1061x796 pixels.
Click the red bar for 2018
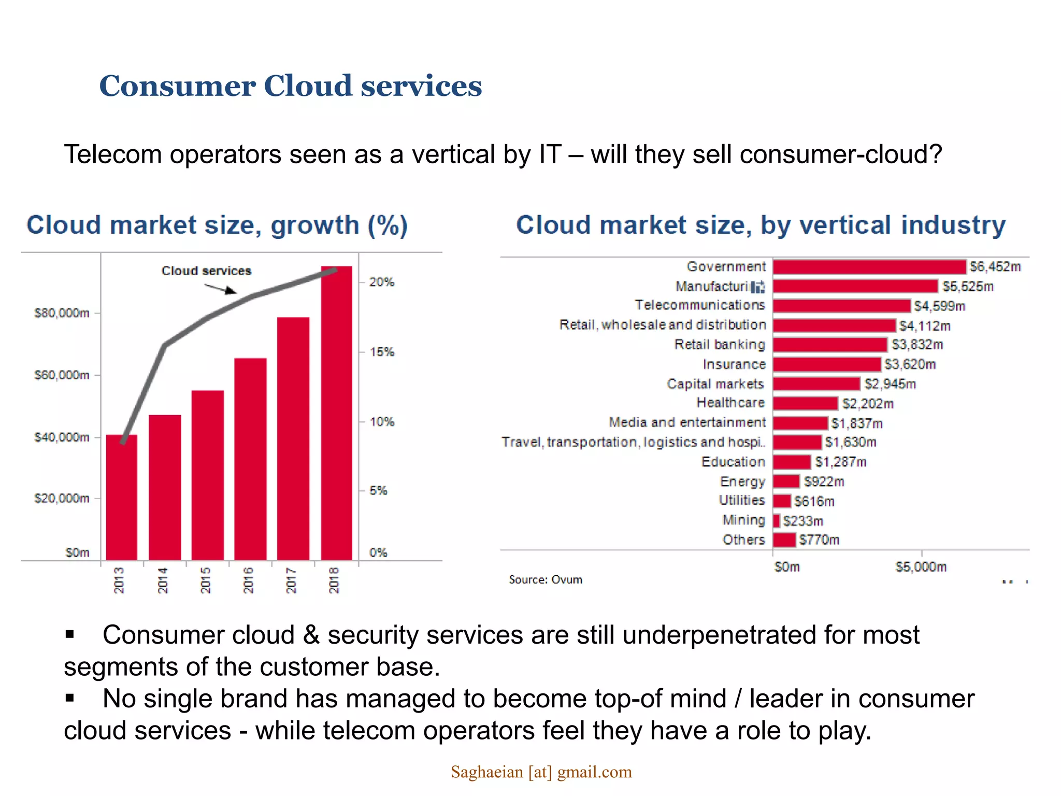point(336,415)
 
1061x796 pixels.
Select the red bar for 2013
point(122,497)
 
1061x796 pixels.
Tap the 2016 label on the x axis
point(249,580)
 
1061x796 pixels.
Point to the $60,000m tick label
point(62,375)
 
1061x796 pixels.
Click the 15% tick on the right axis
point(382,352)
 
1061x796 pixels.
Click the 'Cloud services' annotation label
point(206,271)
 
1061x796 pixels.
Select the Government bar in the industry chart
point(869,267)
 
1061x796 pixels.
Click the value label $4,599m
point(939,306)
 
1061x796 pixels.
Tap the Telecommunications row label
point(699,305)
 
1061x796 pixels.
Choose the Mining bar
point(776,520)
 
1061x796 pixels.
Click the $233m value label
point(802,521)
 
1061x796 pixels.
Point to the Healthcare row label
point(730,403)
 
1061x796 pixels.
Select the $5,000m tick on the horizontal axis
point(921,567)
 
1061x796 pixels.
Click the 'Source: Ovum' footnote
point(545,579)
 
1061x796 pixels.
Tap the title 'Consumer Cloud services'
point(290,86)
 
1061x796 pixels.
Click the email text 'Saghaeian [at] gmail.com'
point(541,772)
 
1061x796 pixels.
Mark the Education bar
point(792,462)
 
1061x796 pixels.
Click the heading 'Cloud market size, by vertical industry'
point(761,225)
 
